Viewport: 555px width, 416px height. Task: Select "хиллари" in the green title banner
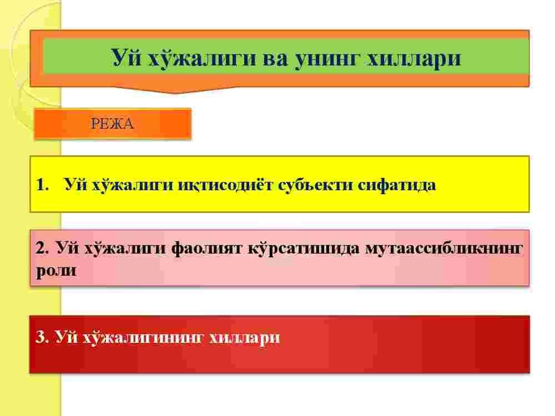point(414,59)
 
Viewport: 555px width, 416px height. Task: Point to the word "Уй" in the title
point(126,57)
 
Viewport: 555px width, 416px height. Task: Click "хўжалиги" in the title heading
point(201,58)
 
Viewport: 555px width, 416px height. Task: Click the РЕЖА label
point(112,124)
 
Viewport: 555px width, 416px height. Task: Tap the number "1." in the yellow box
point(43,185)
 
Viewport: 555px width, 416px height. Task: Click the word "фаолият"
point(206,248)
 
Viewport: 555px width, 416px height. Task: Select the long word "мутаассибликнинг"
point(444,248)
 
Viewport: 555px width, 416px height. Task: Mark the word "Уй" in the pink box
point(67,248)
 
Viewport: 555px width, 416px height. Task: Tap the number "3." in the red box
point(42,337)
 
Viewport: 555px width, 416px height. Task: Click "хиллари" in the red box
point(244,338)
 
